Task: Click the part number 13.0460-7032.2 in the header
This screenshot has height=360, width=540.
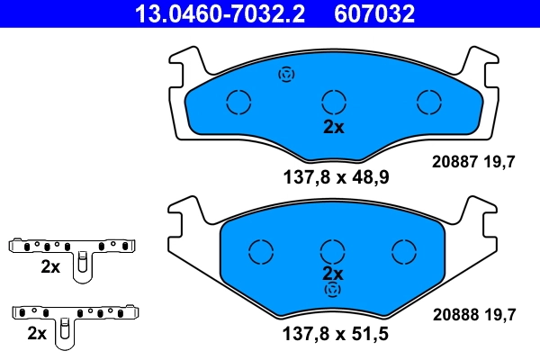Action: pos(219,13)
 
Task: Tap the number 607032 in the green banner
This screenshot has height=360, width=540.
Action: pos(374,13)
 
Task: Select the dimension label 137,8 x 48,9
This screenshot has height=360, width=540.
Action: pos(333,177)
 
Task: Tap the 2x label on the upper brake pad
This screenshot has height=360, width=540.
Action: pos(334,127)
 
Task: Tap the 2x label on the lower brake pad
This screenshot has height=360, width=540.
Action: pos(334,273)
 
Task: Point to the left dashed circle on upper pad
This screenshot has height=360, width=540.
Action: pos(238,102)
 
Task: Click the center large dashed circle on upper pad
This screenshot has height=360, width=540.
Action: pos(334,102)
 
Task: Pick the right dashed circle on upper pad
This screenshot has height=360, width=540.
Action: pos(429,102)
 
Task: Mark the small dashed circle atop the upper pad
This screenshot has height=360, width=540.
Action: pos(287,75)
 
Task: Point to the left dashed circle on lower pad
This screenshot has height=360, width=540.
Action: pos(261,249)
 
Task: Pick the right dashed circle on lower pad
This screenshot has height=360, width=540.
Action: pos(402,249)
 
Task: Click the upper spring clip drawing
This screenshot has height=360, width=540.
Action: pos(74,249)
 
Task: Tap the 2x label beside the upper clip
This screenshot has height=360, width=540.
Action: pos(50,266)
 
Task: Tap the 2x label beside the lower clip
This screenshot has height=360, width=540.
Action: pos(37,333)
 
